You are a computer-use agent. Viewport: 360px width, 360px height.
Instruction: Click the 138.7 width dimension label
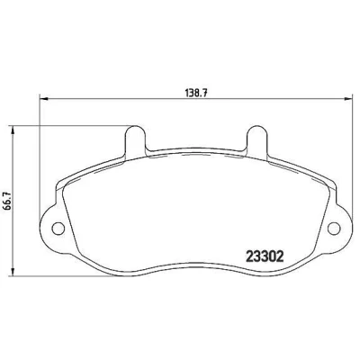click(x=196, y=93)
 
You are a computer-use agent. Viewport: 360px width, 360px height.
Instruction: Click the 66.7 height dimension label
click(x=8, y=201)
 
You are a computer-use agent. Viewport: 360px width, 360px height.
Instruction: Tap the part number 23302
click(x=265, y=256)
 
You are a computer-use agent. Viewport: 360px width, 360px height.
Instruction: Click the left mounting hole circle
click(x=58, y=229)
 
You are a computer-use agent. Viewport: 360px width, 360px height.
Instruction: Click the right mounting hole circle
click(x=334, y=229)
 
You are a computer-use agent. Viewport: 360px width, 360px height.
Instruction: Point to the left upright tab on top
click(x=136, y=140)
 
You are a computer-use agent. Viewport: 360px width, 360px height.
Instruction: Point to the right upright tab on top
click(x=256, y=140)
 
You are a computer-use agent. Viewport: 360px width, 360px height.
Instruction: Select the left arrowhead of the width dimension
click(x=44, y=98)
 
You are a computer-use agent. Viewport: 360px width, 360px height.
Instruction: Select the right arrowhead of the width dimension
click(x=347, y=98)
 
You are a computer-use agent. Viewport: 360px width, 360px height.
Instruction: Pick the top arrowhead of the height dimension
click(x=13, y=130)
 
